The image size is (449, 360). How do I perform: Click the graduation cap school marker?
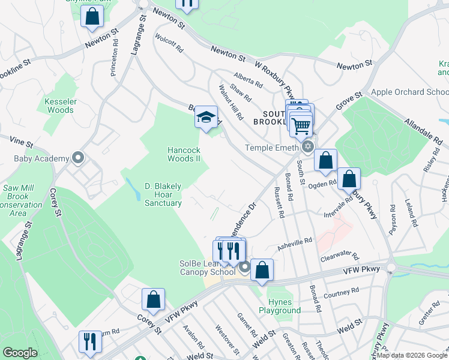tap(206, 118)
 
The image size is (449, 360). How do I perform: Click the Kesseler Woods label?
tap(59, 106)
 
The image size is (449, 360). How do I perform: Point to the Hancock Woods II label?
tap(184, 154)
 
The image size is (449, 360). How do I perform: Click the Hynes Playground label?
tap(280, 307)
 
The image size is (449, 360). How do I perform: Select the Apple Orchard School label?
tap(410, 92)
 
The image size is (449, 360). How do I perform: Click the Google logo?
tap(20, 353)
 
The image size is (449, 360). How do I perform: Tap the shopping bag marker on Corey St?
tap(153, 299)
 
